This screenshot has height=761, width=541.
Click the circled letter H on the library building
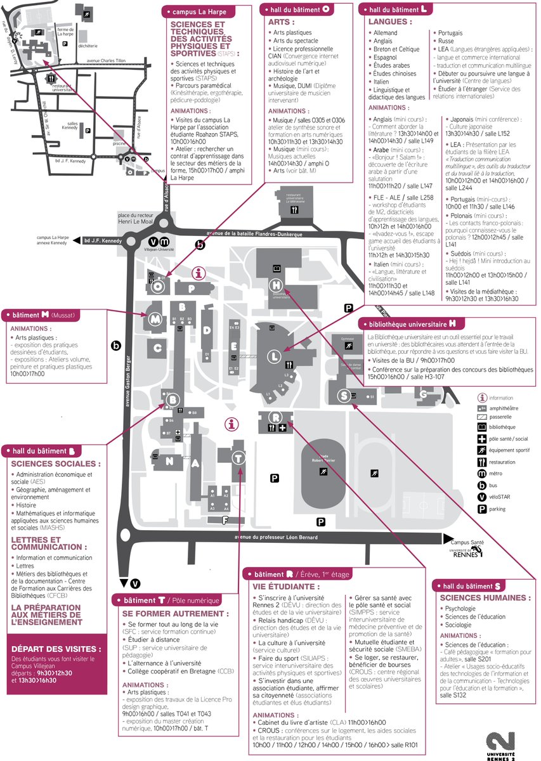click(x=277, y=285)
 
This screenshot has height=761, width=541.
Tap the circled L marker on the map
click(x=273, y=356)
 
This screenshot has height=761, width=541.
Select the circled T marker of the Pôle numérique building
click(x=238, y=458)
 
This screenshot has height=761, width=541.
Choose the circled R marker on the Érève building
click(x=277, y=417)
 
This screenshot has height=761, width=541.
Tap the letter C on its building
click(x=158, y=348)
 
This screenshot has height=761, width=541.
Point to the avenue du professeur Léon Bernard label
click(x=276, y=538)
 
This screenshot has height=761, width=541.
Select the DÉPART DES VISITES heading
click(x=56, y=649)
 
